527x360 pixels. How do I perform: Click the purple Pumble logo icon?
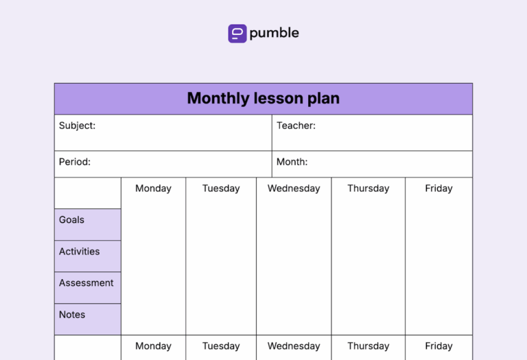237,34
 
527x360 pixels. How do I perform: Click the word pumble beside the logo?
274,33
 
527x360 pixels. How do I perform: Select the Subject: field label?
78,125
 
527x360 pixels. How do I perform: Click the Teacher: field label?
296,125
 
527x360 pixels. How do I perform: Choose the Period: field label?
75,163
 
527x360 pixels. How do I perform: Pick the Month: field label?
292,163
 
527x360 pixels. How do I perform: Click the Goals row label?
71,220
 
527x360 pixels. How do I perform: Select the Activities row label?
79,252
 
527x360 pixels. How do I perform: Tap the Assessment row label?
86,283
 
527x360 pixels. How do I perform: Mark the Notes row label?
72,315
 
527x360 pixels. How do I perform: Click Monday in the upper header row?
153,189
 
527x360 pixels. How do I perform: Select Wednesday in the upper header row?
294,189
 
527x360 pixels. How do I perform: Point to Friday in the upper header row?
438,189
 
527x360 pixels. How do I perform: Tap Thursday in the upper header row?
368,189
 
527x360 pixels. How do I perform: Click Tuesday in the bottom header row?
221,346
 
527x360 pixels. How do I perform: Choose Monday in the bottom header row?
153,346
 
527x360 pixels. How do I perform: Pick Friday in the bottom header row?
438,346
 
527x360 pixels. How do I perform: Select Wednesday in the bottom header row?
294,346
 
